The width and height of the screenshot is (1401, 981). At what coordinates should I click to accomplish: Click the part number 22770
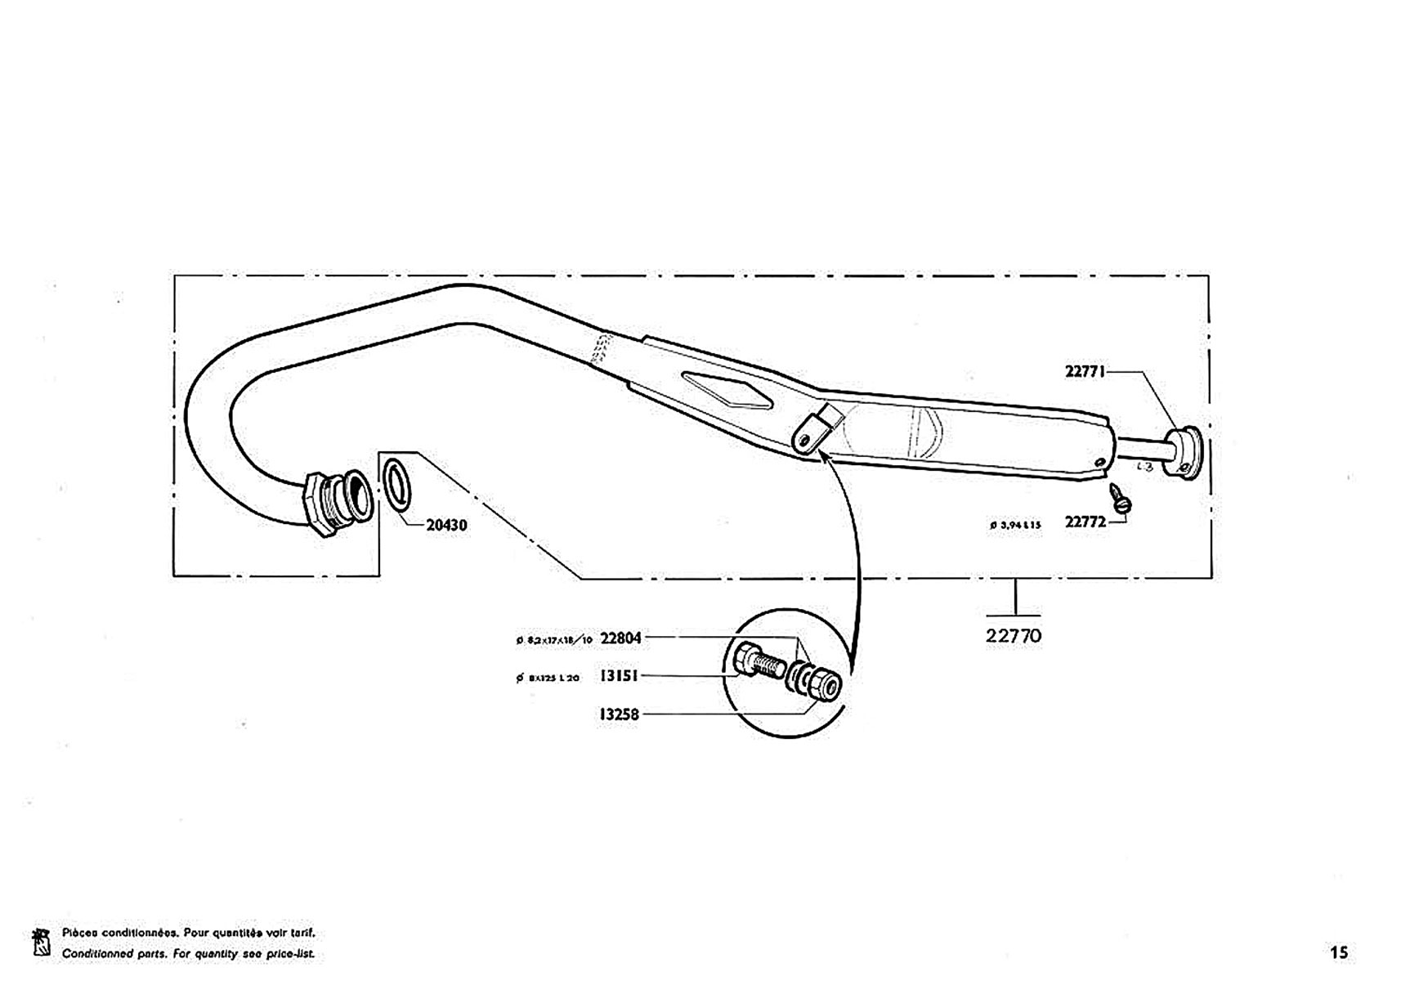click(1014, 635)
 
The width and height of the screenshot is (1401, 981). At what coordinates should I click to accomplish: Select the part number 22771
click(1085, 371)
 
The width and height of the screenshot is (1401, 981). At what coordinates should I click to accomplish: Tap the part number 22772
click(1085, 522)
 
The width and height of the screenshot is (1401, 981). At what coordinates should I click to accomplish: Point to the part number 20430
click(446, 525)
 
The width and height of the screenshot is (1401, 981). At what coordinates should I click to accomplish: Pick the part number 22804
click(620, 638)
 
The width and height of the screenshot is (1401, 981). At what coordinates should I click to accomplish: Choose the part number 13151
click(619, 676)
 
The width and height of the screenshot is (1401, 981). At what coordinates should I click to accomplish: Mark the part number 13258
click(619, 714)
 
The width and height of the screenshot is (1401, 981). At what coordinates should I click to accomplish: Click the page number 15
click(1339, 952)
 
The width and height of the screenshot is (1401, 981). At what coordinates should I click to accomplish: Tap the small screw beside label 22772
click(1119, 498)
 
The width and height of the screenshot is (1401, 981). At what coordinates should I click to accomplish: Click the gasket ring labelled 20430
click(397, 484)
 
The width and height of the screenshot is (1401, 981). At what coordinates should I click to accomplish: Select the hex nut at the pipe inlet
click(316, 502)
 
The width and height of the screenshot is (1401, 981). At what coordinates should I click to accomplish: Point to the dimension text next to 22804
click(554, 640)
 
